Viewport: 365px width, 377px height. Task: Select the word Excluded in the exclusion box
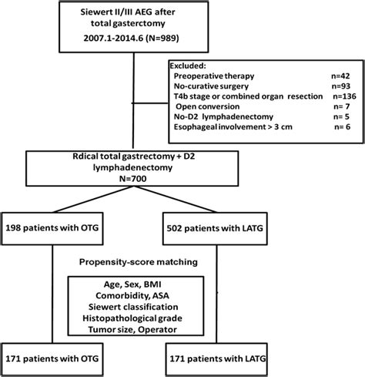click(190, 66)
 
